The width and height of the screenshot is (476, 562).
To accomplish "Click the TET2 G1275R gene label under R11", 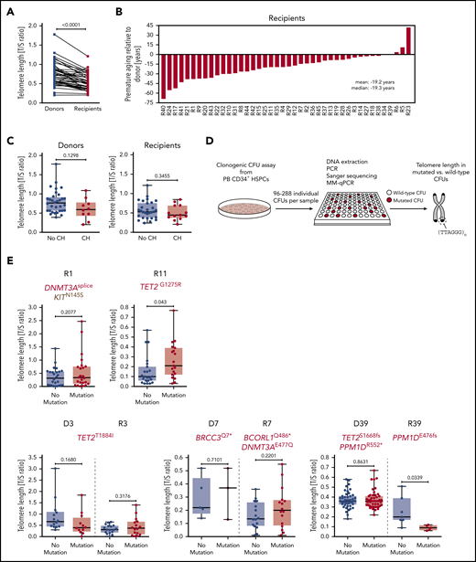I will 164,290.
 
